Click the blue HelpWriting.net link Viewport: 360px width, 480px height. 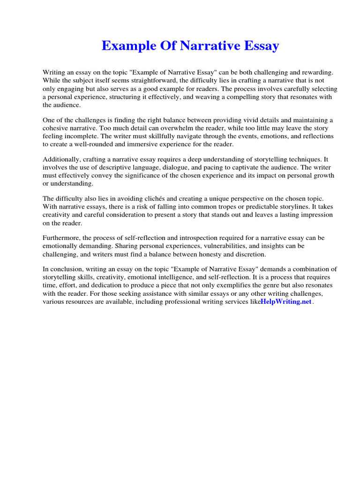click(286, 302)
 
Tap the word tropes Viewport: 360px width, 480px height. click(214, 207)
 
